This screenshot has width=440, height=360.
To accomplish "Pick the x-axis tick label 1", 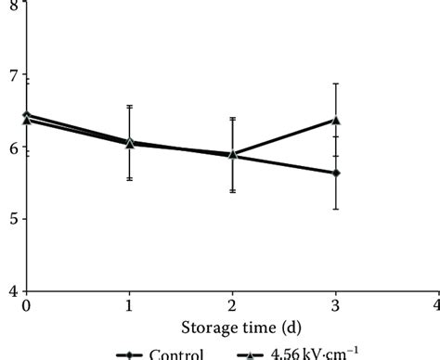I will (129, 304).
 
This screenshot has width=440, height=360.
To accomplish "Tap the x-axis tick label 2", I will (232, 304).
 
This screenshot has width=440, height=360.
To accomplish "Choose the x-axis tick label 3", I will (335, 304).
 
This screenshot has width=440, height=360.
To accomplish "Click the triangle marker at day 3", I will (336, 120).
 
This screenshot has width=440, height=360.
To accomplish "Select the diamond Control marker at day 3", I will (336, 173).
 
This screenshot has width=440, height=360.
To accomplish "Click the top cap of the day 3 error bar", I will (336, 84).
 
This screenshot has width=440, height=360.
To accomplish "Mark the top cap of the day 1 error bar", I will (129, 106).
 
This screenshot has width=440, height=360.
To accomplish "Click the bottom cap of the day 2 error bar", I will (232, 192).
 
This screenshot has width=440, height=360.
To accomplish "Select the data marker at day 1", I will (129, 143).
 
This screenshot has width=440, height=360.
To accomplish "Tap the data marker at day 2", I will (232, 155).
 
